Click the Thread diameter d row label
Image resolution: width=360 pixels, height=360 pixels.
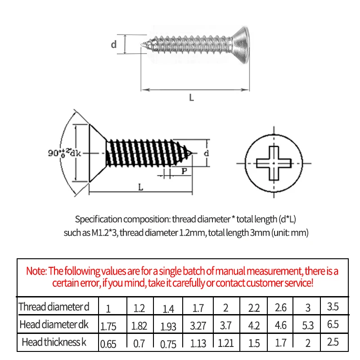click(54, 307)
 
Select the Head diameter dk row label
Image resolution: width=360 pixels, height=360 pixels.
click(54, 324)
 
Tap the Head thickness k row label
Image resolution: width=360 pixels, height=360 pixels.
click(54, 342)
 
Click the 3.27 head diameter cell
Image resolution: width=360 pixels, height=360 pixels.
click(198, 325)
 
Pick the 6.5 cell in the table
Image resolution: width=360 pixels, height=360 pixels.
click(333, 324)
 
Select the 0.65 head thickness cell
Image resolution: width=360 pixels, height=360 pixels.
click(108, 344)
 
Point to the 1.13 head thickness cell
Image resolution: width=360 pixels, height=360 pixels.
click(198, 343)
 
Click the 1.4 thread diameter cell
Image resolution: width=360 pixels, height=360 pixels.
click(168, 309)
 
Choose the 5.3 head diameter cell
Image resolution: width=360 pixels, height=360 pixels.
click(308, 325)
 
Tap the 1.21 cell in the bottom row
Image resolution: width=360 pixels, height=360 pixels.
click(225, 343)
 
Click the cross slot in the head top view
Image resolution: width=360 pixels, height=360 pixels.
click(274, 163)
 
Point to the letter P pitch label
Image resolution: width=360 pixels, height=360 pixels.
click(184, 171)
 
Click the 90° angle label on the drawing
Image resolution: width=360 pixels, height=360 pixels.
click(57, 153)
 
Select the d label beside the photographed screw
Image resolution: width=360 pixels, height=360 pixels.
click(114, 44)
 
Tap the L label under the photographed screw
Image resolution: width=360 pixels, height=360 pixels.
click(192, 98)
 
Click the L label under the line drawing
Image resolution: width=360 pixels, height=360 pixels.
click(140, 187)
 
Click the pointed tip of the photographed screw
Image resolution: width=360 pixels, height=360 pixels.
click(142, 44)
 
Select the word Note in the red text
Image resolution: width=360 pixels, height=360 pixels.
click(36, 271)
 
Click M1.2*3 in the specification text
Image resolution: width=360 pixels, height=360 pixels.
click(105, 233)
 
